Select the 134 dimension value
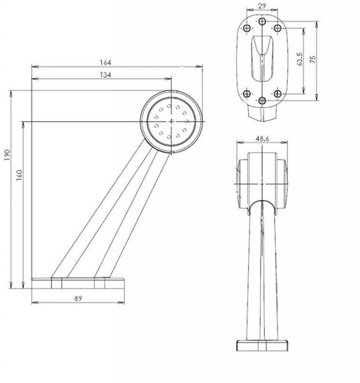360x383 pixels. [x=106, y=74]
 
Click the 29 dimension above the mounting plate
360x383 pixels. [x=261, y=5]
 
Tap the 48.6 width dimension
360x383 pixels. [x=261, y=139]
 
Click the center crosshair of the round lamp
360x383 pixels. [x=171, y=120]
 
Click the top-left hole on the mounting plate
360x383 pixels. [x=246, y=29]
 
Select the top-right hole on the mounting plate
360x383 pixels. [x=277, y=29]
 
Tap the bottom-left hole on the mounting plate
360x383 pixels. [x=246, y=93]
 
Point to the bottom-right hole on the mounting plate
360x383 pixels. [x=277, y=93]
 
